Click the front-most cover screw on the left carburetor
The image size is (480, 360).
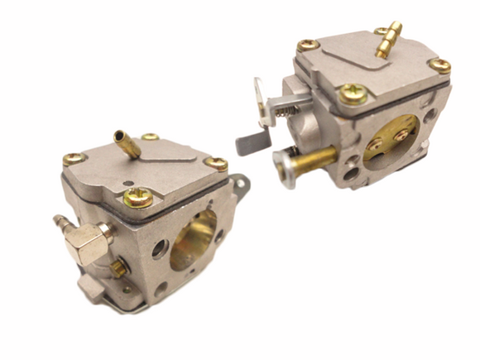tap(138, 198)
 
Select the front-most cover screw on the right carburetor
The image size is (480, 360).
tap(353, 93)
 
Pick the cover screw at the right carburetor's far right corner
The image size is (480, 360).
tap(439, 65)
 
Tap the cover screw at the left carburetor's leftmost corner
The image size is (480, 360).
tap(72, 158)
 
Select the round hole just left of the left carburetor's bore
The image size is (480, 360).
tap(160, 247)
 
